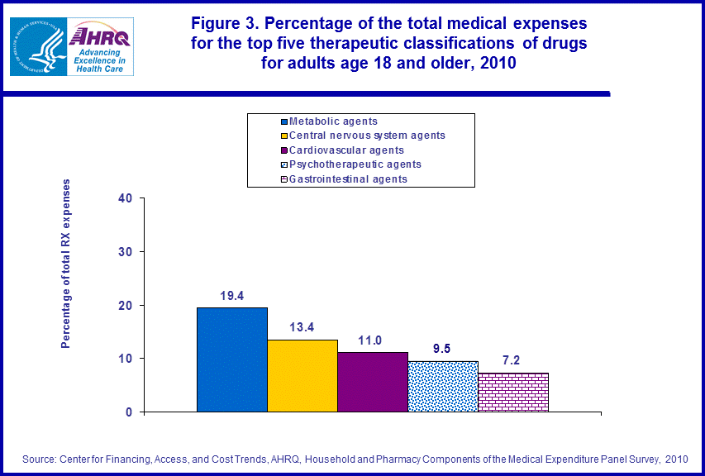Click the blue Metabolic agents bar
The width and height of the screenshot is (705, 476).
(x=232, y=359)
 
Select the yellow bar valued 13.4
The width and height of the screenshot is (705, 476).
(x=302, y=375)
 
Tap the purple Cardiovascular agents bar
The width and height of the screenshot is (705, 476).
(x=373, y=382)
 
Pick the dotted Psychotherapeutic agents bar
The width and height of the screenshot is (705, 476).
(x=443, y=386)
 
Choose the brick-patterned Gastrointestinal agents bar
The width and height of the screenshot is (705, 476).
(x=513, y=392)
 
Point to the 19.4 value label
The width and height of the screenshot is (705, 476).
(x=232, y=294)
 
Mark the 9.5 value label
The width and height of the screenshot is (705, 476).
(x=443, y=348)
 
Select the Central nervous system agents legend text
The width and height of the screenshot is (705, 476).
(x=366, y=136)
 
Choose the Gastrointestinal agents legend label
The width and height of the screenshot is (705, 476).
(x=347, y=178)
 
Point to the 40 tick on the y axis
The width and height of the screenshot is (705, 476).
(x=125, y=198)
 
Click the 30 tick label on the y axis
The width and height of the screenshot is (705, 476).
(x=125, y=252)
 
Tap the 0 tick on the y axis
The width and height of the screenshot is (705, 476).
(x=129, y=412)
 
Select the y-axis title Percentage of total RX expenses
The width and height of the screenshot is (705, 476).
(x=66, y=263)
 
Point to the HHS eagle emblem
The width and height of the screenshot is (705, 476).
(x=36, y=45)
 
